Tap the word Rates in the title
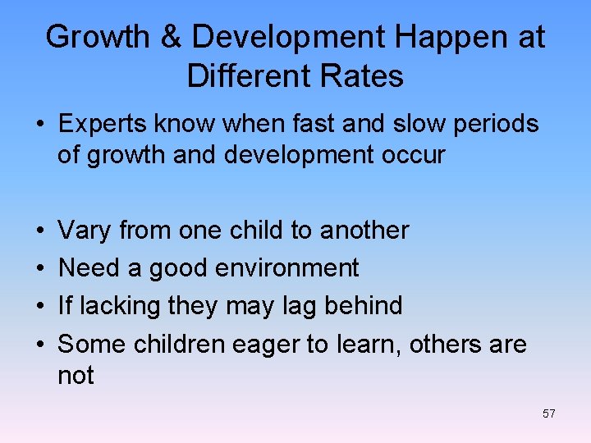(x=364, y=76)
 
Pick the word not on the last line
(x=76, y=376)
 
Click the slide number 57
(x=548, y=413)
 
